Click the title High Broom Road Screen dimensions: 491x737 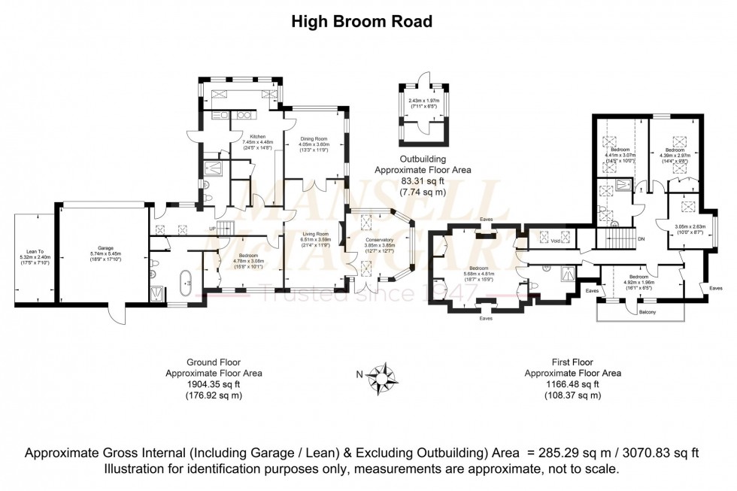pyautogui.click(x=362, y=22)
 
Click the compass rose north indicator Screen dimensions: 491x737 pyautogui.click(x=384, y=374)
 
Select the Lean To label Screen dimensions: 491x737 pyautogui.click(x=32, y=253)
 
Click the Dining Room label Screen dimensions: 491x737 pyautogui.click(x=315, y=139)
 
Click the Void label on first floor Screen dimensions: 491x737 pyautogui.click(x=555, y=241)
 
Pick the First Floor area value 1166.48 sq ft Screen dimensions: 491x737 pyautogui.click(x=572, y=383)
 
